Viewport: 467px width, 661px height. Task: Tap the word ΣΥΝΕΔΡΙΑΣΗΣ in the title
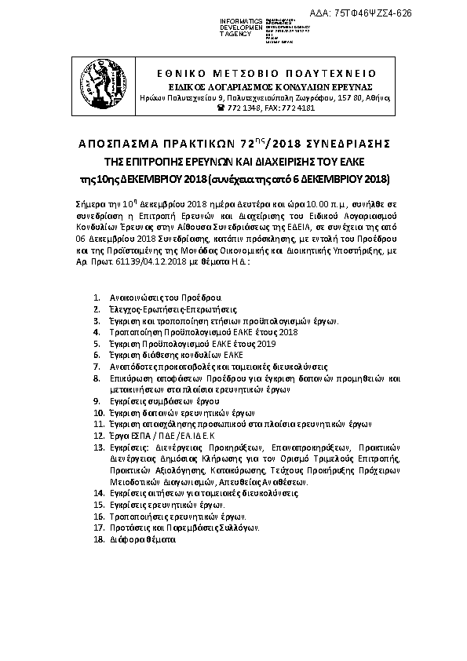coord(346,145)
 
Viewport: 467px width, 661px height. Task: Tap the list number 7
coord(97,366)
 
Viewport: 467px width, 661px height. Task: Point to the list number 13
coord(98,445)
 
